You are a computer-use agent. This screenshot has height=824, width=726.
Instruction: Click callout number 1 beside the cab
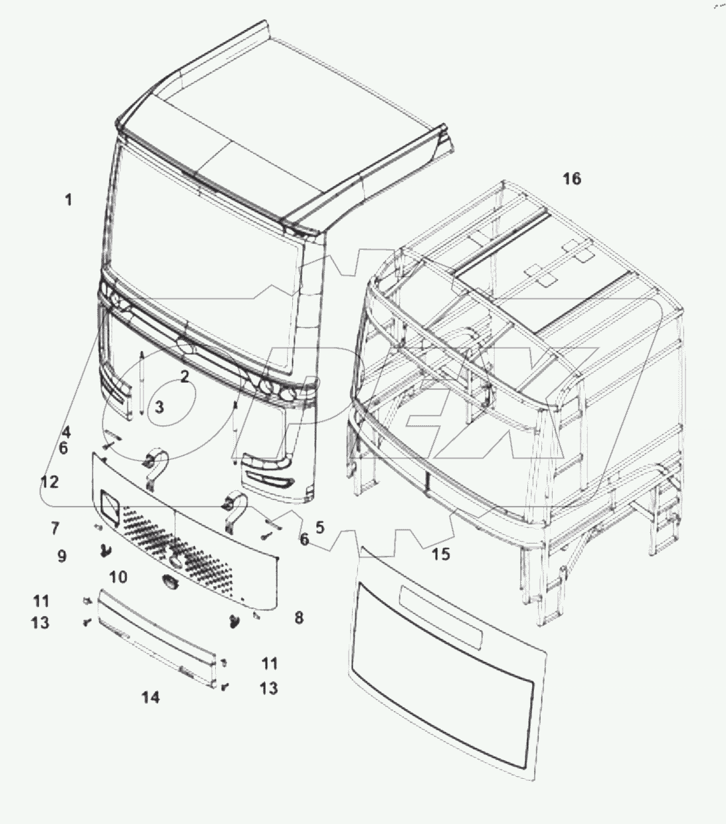pos(68,199)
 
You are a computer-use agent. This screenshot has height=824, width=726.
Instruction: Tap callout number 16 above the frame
pos(571,179)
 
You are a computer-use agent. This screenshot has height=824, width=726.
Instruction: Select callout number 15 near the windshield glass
pos(440,554)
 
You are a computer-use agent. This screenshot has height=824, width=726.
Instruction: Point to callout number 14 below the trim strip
pos(151,697)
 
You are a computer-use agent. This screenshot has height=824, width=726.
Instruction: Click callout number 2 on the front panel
pos(185,377)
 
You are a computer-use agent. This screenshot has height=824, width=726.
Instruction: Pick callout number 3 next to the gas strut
pos(159,407)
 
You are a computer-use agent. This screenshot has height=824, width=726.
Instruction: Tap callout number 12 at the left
pos(49,481)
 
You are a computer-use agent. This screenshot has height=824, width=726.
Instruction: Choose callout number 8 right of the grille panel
pos(299,618)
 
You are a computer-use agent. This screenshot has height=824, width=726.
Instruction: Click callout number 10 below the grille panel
pos(118,576)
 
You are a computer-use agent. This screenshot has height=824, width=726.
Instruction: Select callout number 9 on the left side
pos(62,556)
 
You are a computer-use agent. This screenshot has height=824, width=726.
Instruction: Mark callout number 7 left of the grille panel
pos(54,528)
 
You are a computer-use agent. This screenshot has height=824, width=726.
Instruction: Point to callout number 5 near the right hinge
pos(320,528)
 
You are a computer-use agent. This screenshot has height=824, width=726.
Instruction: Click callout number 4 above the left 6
pos(66,432)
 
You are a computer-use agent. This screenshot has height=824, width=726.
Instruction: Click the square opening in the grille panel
pos(108,504)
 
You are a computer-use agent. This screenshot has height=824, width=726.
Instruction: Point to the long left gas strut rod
pos(141,385)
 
